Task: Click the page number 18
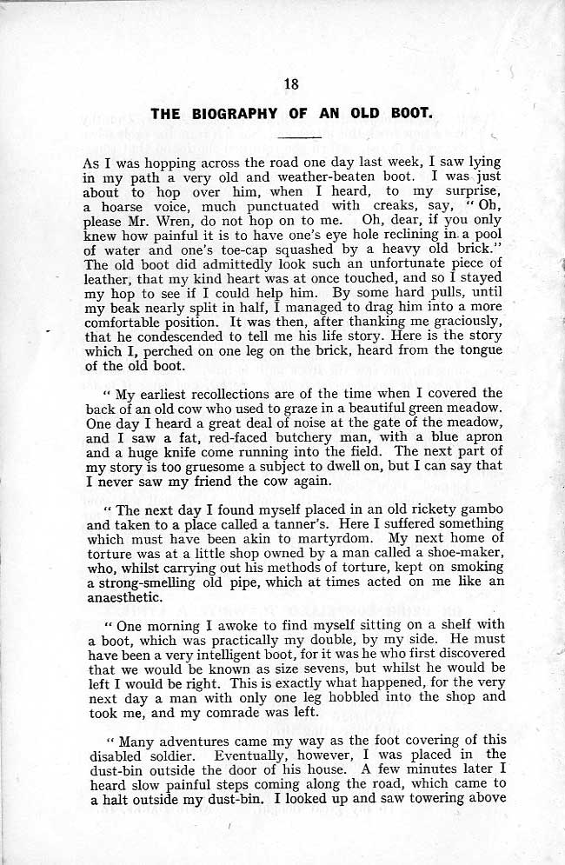point(291,84)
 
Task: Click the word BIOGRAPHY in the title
point(229,113)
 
